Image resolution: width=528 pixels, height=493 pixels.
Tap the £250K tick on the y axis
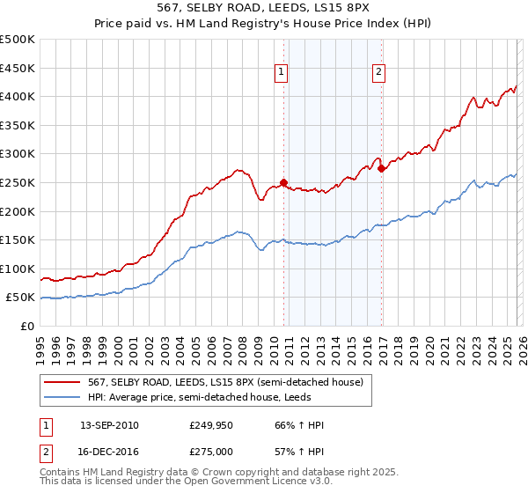tap(18, 182)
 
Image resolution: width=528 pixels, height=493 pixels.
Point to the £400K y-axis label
tap(18, 96)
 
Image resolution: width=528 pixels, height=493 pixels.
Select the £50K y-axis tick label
tap(20, 298)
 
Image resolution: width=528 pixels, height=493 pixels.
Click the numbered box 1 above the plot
tap(282, 73)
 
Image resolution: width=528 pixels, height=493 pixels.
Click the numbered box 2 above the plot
tap(378, 73)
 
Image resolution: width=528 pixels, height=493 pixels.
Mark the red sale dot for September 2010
tap(283, 183)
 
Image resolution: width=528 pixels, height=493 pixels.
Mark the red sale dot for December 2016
tap(380, 169)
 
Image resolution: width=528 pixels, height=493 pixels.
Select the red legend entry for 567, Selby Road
tap(218, 381)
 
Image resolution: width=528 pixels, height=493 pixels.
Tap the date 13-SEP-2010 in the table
tap(109, 425)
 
